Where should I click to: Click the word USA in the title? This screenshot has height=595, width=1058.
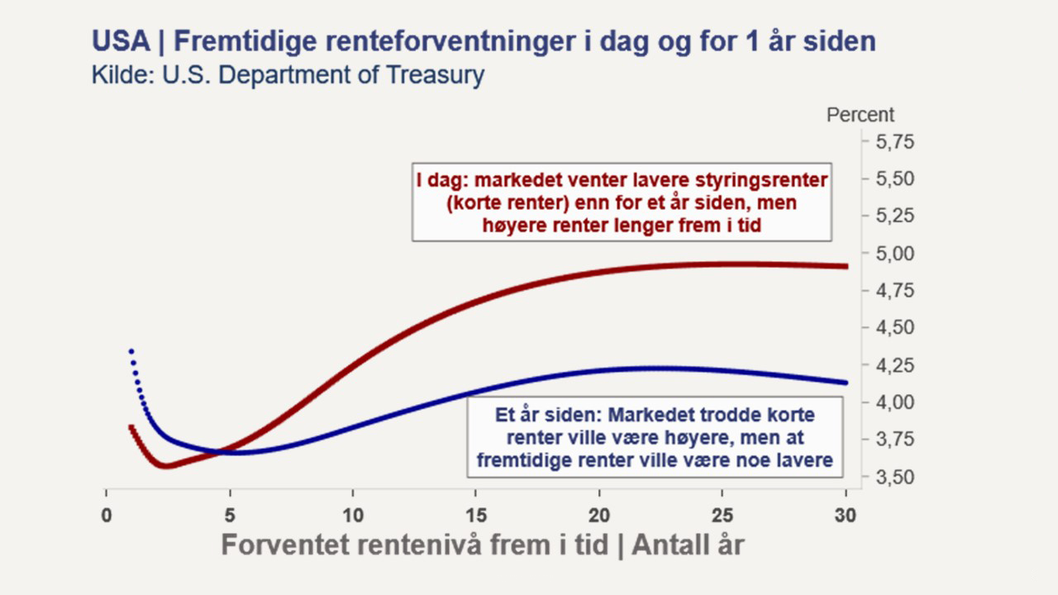(x=121, y=41)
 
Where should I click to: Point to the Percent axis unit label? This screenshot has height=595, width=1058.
(x=860, y=115)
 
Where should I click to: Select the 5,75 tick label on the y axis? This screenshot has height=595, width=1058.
(x=895, y=141)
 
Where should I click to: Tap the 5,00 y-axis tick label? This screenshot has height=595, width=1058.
(x=895, y=254)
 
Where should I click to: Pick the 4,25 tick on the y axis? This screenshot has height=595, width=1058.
(x=895, y=365)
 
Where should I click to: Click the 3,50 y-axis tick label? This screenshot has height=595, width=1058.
(x=895, y=477)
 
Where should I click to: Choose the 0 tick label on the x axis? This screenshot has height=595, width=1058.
(x=107, y=516)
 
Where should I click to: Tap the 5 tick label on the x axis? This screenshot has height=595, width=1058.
(x=230, y=516)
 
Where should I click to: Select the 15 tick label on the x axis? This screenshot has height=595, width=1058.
(x=475, y=516)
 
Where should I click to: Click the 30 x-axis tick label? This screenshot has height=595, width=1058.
(x=846, y=516)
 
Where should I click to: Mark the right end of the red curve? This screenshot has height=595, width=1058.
(x=846, y=266)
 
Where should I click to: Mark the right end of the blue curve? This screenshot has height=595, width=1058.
(x=846, y=383)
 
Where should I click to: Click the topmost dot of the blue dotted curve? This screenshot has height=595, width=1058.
(x=131, y=351)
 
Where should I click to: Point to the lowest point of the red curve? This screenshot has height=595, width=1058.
(x=166, y=465)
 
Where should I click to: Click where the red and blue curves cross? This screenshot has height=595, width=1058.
(x=220, y=452)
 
